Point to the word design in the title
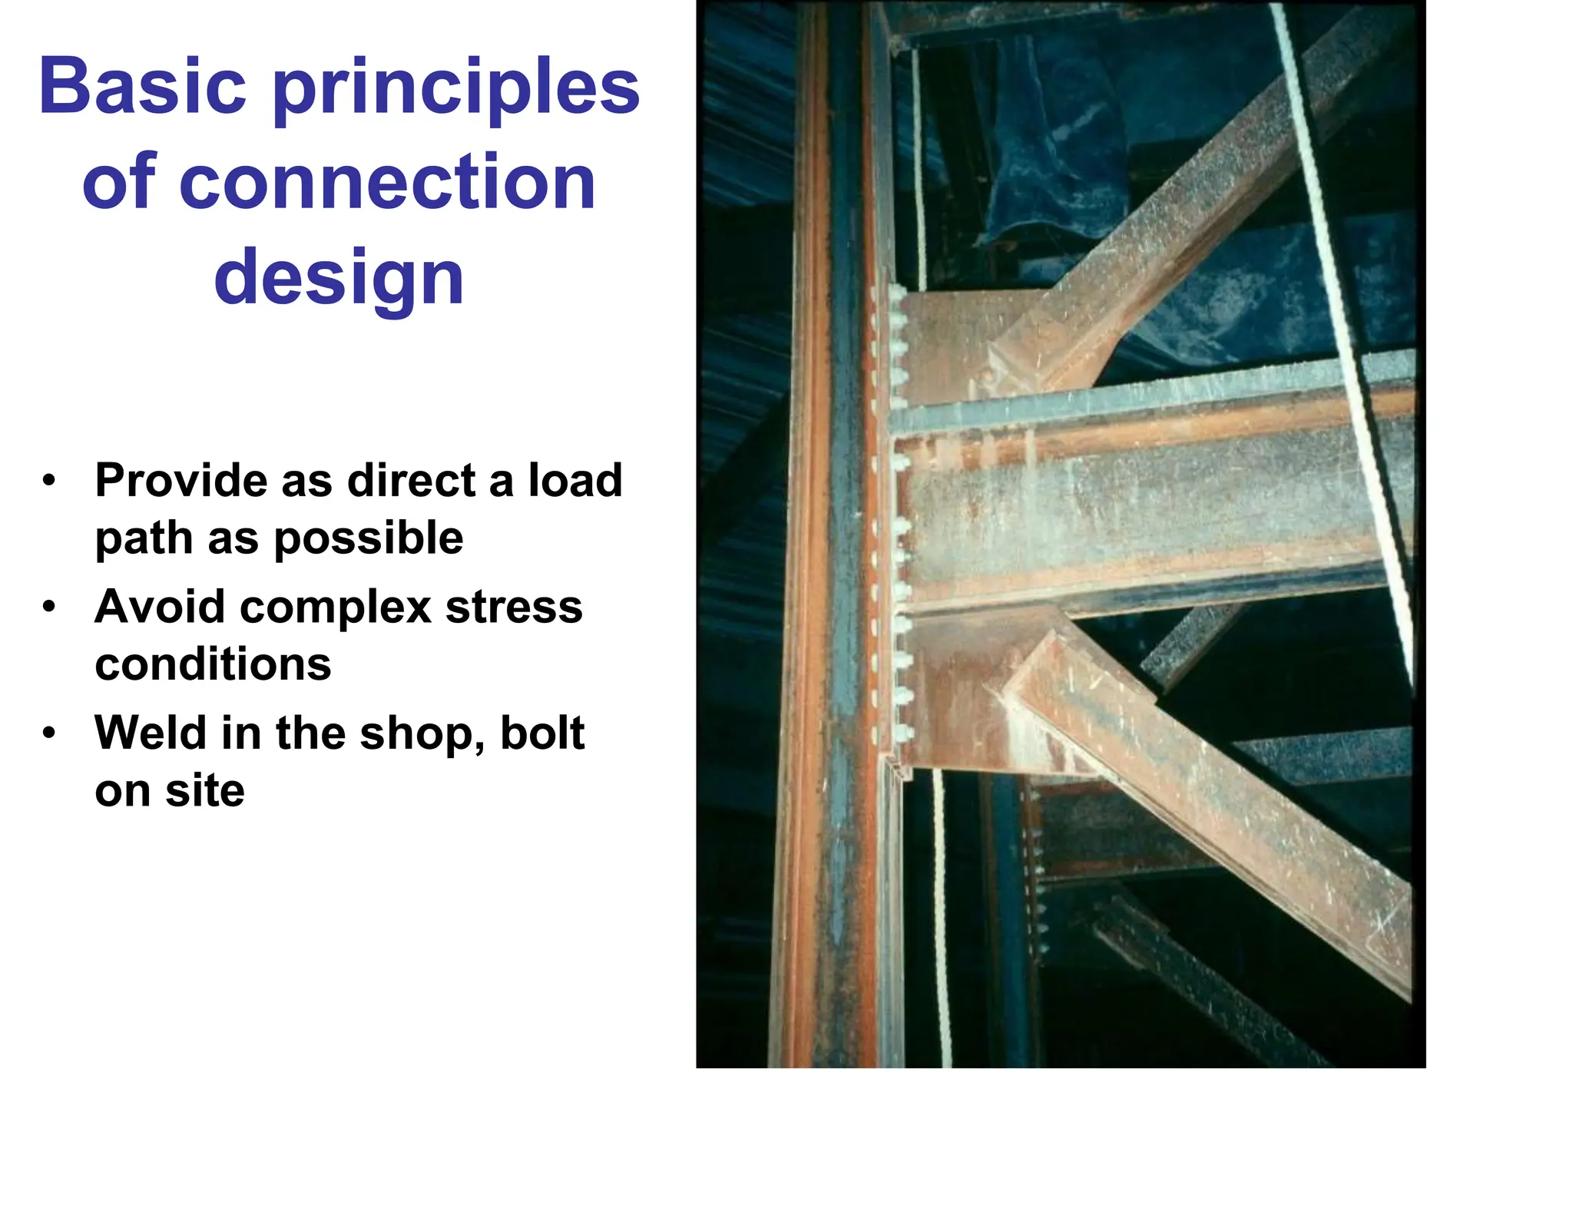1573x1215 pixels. click(339, 278)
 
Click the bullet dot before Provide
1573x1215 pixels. click(50, 482)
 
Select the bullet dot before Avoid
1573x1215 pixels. click(50, 607)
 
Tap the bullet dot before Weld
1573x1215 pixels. click(50, 733)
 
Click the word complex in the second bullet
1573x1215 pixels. click(336, 607)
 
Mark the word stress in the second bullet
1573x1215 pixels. click(514, 607)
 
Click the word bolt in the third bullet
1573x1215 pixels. click(542, 733)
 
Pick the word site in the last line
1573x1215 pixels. click(204, 790)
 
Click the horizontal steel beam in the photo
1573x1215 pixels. click(1152, 515)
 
